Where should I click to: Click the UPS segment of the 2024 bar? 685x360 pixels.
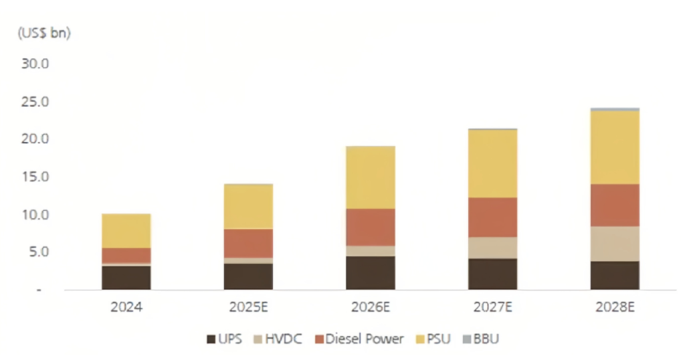(x=126, y=278)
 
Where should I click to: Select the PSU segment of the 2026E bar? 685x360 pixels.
(x=370, y=177)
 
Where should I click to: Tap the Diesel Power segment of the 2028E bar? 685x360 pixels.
(x=614, y=205)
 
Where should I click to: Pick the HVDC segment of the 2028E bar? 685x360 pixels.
(x=614, y=244)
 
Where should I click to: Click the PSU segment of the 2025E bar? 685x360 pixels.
(x=248, y=207)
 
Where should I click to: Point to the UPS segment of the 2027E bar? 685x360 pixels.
(x=492, y=274)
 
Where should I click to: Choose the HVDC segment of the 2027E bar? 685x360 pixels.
(x=492, y=248)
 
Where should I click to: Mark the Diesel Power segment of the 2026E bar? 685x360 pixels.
(x=370, y=227)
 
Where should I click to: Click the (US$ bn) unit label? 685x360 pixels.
(x=43, y=33)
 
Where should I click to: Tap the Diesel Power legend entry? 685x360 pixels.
(x=358, y=339)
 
